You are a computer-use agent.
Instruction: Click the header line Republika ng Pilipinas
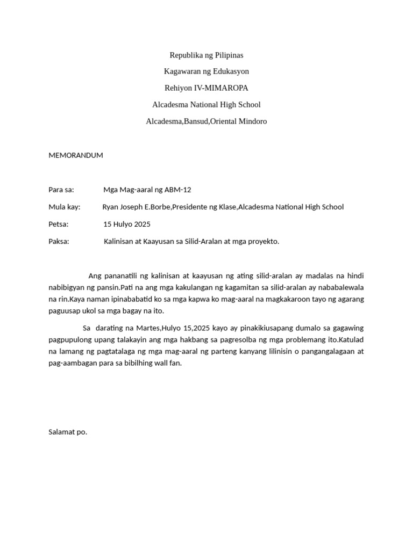pyautogui.click(x=206, y=55)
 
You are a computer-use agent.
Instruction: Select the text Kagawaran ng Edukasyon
pyautogui.click(x=206, y=71)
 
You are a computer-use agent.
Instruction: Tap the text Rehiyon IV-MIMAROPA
pyautogui.click(x=206, y=88)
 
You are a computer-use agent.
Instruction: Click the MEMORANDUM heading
pyautogui.click(x=75, y=156)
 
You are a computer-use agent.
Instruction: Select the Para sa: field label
pyautogui.click(x=61, y=190)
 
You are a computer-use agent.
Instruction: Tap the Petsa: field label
pyautogui.click(x=59, y=224)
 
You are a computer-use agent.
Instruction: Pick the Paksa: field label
pyautogui.click(x=59, y=242)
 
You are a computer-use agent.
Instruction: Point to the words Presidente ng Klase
pyautogui.click(x=204, y=207)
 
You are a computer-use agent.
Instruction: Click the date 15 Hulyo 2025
pyautogui.click(x=127, y=224)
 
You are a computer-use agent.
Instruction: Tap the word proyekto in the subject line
pyautogui.click(x=262, y=242)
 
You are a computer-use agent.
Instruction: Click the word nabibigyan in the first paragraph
pyautogui.click(x=67, y=287)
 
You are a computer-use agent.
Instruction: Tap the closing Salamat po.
pyautogui.click(x=68, y=432)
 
